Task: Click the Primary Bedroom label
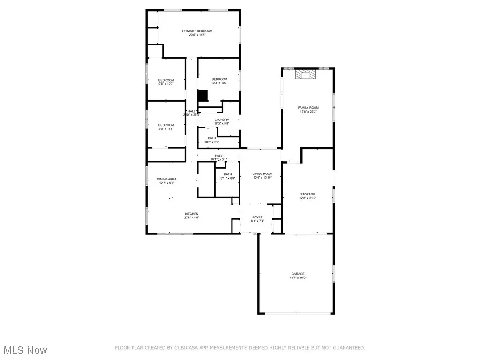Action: pyautogui.click(x=197, y=31)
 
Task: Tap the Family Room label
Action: pyautogui.click(x=308, y=108)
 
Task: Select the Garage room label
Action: pyautogui.click(x=298, y=274)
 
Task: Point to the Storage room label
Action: pyautogui.click(x=308, y=194)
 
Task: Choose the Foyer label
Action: pyautogui.click(x=257, y=217)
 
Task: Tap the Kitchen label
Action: pyautogui.click(x=191, y=214)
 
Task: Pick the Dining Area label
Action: pyautogui.click(x=166, y=179)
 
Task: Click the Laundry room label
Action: pyautogui.click(x=222, y=120)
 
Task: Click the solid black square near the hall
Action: pyautogui.click(x=202, y=96)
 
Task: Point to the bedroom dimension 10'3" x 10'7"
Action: pyautogui.click(x=219, y=83)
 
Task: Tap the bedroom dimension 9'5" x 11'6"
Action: pyautogui.click(x=166, y=128)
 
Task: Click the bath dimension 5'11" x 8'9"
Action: pyautogui.click(x=228, y=178)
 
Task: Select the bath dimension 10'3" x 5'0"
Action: pyautogui.click(x=212, y=142)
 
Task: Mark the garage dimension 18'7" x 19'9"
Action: pyautogui.click(x=298, y=278)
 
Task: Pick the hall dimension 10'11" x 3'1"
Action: pyautogui.click(x=219, y=159)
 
